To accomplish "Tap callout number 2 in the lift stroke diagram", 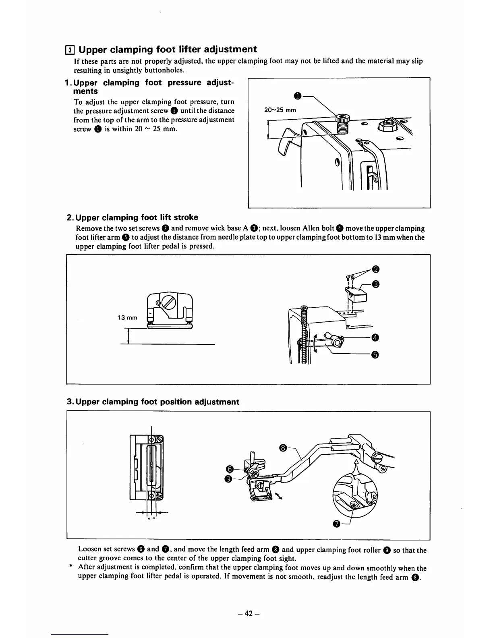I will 375,269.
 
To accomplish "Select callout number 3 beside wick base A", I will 375,285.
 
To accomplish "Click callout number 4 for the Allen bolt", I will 375,337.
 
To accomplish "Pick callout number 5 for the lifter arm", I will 375,354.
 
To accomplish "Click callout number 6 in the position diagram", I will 230,469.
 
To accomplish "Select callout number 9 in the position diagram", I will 229,478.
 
